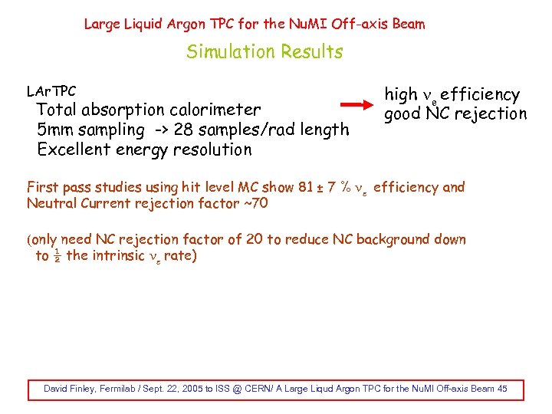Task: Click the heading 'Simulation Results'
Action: [264, 52]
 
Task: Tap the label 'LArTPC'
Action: [51, 91]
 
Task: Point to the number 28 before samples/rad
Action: [182, 130]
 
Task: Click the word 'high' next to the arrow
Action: [400, 94]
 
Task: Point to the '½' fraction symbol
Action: [57, 255]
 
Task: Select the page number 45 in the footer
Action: [502, 389]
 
